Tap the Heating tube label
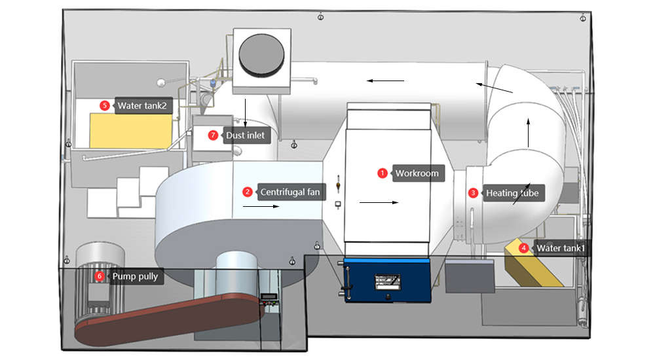pyautogui.click(x=512, y=193)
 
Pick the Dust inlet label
pyautogui.click(x=245, y=135)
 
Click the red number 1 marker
pyautogui.click(x=383, y=173)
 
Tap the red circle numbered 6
pyautogui.click(x=100, y=276)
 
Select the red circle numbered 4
pyautogui.click(x=523, y=248)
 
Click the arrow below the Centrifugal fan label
pyautogui.click(x=261, y=207)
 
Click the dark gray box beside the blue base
pyautogui.click(x=469, y=275)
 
